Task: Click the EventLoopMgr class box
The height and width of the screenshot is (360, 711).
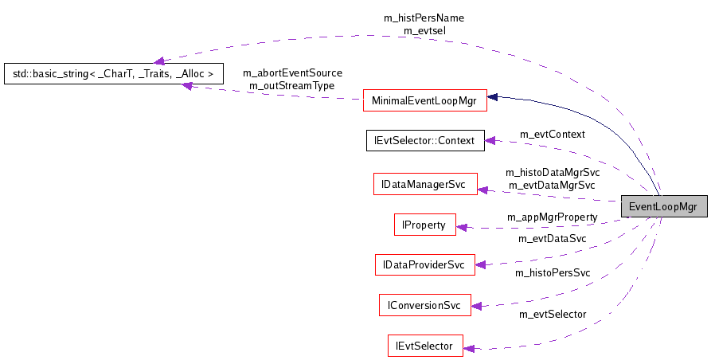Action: tap(662, 207)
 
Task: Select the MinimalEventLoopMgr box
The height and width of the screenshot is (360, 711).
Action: tap(424, 100)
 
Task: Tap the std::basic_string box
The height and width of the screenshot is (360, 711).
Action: tap(112, 74)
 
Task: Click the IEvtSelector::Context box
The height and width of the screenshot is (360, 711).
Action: tap(424, 141)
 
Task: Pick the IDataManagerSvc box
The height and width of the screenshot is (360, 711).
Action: tap(424, 184)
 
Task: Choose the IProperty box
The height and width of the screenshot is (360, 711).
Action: tap(424, 225)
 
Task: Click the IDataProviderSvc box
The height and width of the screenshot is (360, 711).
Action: tap(424, 264)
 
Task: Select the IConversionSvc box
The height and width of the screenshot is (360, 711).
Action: tap(424, 305)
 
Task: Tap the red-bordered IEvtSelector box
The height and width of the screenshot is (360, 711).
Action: tap(424, 346)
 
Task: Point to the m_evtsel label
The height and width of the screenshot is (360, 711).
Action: tap(424, 29)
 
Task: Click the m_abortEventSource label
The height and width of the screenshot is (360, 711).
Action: tap(291, 73)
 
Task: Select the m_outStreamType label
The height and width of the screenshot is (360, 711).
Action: tap(291, 85)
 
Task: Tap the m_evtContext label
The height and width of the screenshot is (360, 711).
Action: tap(552, 134)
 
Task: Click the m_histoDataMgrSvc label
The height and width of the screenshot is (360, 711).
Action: tap(552, 172)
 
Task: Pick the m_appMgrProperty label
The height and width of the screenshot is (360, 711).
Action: tap(552, 217)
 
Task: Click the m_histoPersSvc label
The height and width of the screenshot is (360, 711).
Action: tap(552, 273)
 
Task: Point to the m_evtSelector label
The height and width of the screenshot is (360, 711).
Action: tap(552, 314)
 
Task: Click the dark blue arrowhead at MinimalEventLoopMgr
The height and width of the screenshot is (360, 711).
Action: tap(493, 97)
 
